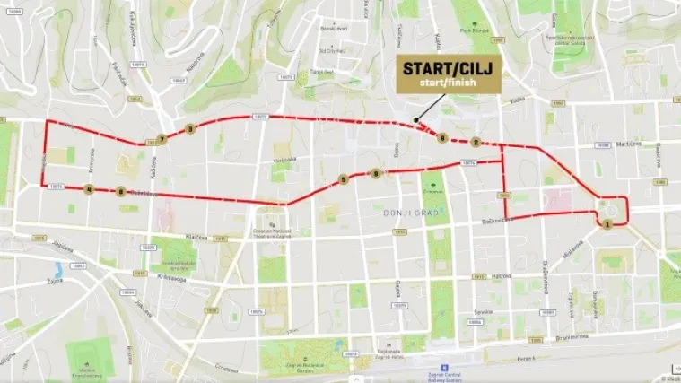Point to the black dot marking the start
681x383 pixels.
pyautogui.click(x=415, y=120)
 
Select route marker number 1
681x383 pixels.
pyautogui.click(x=608, y=224)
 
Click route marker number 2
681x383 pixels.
pyautogui.click(x=476, y=141)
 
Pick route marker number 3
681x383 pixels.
pyautogui.click(x=189, y=129)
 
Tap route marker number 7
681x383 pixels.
pyautogui.click(x=162, y=139)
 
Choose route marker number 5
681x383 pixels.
pyautogui.click(x=344, y=179)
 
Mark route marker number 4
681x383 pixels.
pyautogui.click(x=89, y=188)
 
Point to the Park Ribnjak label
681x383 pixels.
pyautogui.click(x=472, y=31)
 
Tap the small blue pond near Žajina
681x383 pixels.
pyautogui.click(x=58, y=267)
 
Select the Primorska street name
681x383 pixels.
pyautogui.click(x=92, y=160)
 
